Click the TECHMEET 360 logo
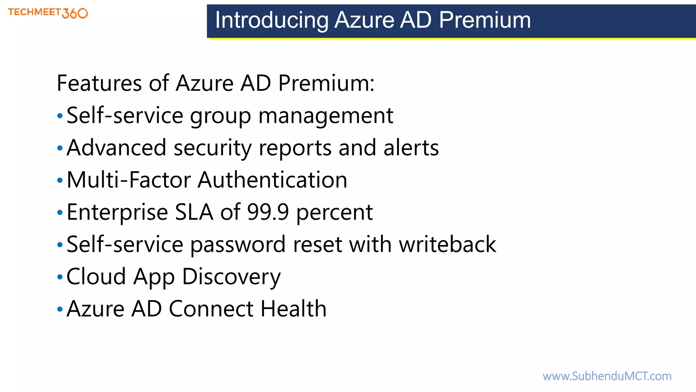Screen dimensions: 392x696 (x=48, y=13)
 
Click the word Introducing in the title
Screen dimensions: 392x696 (x=272, y=20)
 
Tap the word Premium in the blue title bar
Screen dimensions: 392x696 (x=485, y=20)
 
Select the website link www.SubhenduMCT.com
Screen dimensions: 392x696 (x=607, y=376)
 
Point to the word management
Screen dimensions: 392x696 (x=326, y=116)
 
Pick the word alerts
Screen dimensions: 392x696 (x=411, y=148)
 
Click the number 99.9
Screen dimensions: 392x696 (x=268, y=212)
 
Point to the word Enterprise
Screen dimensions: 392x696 (x=117, y=212)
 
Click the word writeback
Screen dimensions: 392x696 (x=448, y=244)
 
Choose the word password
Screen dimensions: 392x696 (x=238, y=244)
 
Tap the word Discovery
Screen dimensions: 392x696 (x=231, y=277)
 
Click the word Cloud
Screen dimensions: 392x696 (x=96, y=276)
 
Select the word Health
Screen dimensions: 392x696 (x=294, y=309)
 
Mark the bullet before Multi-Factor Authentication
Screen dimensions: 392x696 (x=60, y=180)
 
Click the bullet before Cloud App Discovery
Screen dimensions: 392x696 (x=60, y=277)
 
